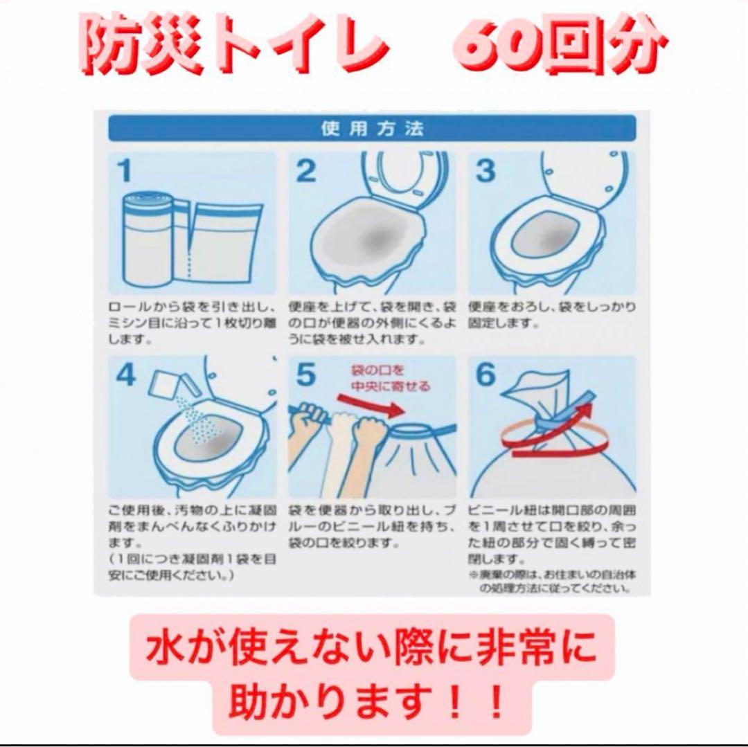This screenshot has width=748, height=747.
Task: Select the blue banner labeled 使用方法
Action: (372, 128)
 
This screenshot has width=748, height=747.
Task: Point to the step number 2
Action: (305, 171)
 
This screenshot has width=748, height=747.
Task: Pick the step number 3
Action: (486, 171)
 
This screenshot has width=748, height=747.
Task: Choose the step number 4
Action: (126, 375)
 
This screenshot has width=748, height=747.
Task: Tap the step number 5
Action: (305, 375)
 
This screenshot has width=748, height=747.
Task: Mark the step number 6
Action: (486, 375)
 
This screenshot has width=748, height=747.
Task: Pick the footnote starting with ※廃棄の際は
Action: (551, 582)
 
